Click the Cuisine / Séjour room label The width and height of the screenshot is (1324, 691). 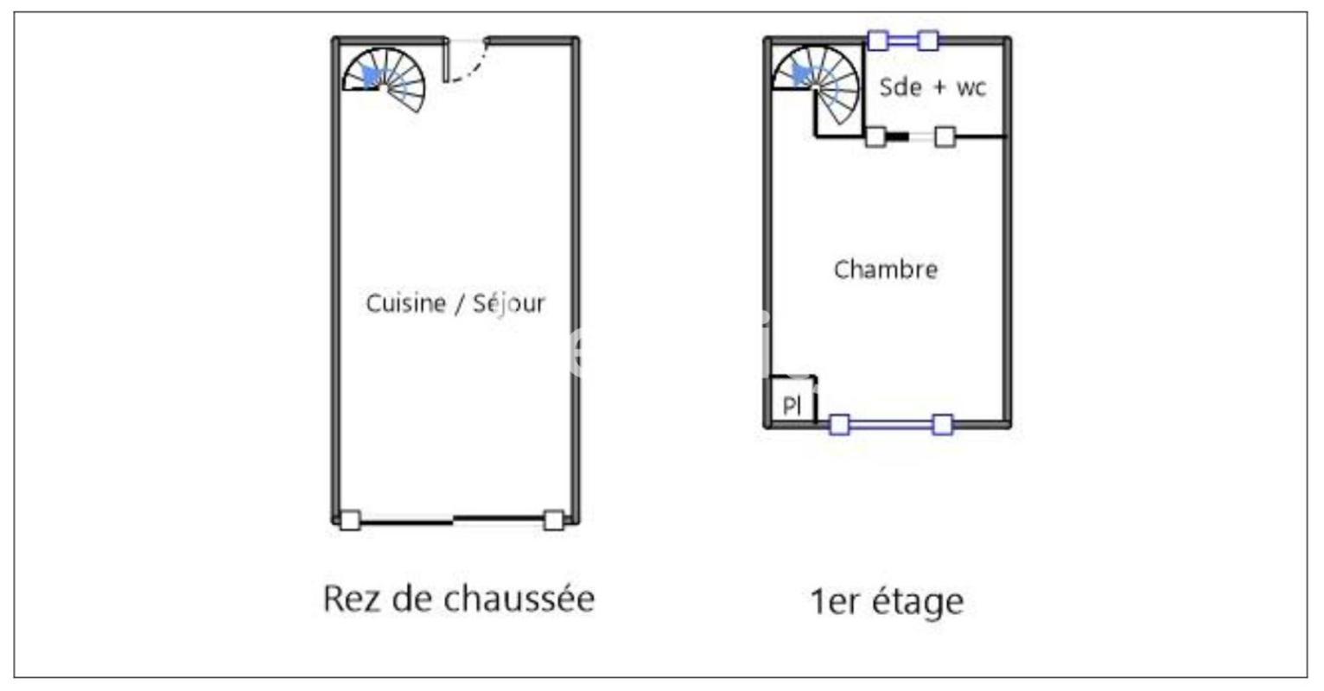[455, 303]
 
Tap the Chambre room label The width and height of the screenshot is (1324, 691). [886, 269]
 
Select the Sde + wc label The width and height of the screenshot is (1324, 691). [933, 87]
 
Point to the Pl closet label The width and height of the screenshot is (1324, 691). [792, 405]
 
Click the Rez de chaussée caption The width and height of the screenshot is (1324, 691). [459, 599]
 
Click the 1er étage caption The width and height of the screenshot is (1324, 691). [887, 602]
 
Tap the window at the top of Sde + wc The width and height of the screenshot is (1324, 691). [902, 41]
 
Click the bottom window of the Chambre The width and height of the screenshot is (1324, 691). [891, 424]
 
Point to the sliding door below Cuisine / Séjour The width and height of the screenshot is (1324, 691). [452, 520]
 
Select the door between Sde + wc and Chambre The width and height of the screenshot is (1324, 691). [910, 137]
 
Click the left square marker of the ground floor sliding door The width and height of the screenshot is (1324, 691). [351, 520]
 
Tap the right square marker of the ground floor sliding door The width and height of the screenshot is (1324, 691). [554, 520]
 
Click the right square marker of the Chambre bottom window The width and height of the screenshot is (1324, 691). [944, 425]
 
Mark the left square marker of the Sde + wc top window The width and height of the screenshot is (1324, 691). [878, 41]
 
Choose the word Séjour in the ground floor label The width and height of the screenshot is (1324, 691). [509, 303]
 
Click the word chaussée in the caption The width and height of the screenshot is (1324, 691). [519, 599]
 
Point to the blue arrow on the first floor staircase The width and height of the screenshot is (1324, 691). [801, 75]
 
